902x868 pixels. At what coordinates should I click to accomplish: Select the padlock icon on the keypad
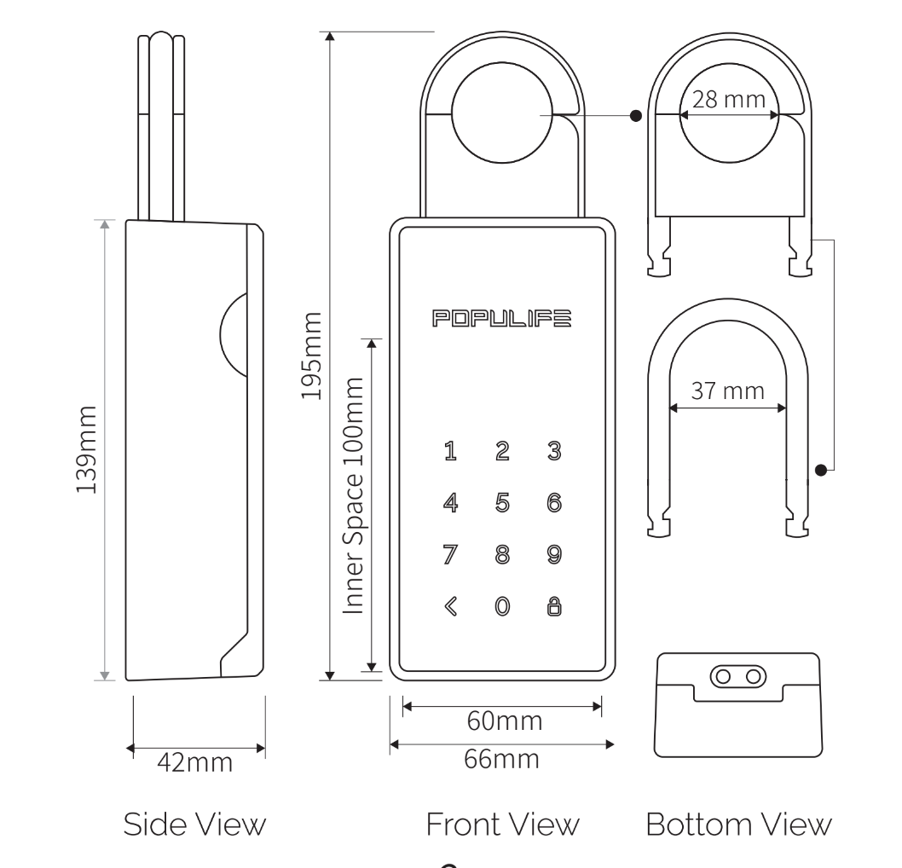pos(553,606)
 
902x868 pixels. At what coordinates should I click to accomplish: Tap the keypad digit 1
pos(451,452)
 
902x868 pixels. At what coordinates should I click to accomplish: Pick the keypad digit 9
pos(553,555)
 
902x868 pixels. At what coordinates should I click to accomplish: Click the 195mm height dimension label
pos(312,356)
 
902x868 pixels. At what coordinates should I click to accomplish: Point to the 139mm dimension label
pos(89,449)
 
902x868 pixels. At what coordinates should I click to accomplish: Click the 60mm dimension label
pos(505,720)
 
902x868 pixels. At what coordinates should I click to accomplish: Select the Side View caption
pos(194,825)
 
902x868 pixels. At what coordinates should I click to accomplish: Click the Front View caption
pos(502,825)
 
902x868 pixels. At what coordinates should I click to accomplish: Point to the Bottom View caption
pos(737,825)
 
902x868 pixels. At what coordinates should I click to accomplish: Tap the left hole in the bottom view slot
pos(724,676)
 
